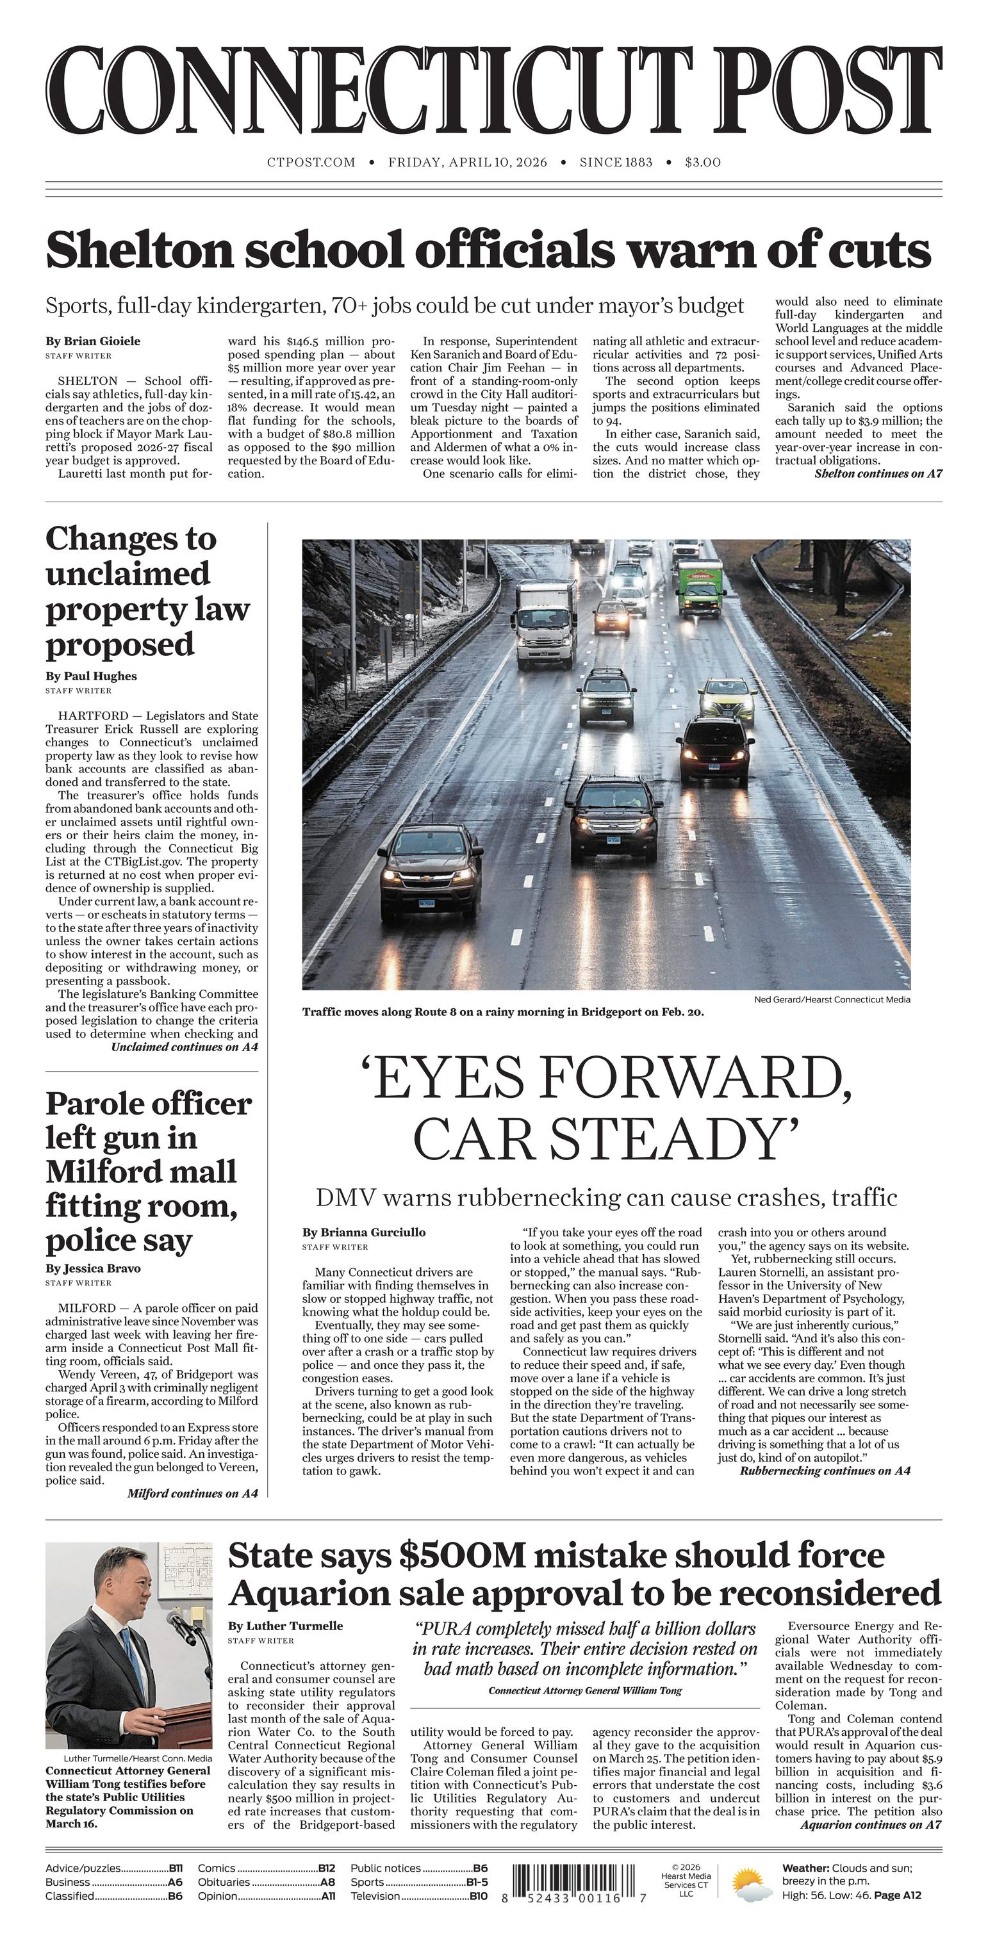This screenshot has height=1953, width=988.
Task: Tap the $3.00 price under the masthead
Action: [702, 162]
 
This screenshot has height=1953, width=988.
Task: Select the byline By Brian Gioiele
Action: [92, 341]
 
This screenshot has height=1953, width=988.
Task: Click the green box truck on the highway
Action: [699, 587]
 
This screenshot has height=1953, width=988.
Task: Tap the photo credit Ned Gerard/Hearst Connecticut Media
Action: [832, 999]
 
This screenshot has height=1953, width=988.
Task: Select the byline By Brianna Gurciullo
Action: [363, 1232]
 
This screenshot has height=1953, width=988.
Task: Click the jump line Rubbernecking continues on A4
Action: [824, 1470]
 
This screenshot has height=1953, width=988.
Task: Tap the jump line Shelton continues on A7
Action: [877, 474]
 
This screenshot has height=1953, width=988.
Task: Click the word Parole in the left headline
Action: [88, 1104]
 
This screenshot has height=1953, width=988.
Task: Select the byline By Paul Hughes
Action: [91, 676]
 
